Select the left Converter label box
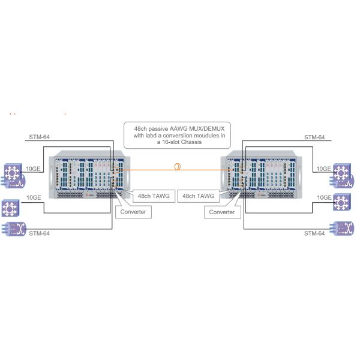pos(132,211)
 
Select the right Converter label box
pos(222,211)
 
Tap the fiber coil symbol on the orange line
pos(178,167)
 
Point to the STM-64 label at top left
pos(40,137)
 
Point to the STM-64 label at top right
pos(314,137)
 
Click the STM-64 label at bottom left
pos(40,233)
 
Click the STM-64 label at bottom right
pos(314,233)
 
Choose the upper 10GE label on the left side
pos(34,169)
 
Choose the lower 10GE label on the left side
pos(34,197)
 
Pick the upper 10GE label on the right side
pos(323,169)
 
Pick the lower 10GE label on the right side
pos(323,197)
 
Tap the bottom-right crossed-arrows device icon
pos(344,229)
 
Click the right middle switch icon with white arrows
pos(343,202)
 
